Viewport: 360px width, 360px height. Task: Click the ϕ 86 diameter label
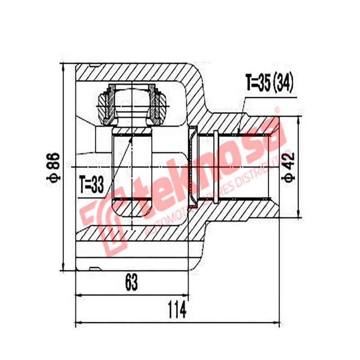pyautogui.click(x=53, y=167)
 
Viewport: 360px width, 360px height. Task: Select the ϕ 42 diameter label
pyautogui.click(x=288, y=167)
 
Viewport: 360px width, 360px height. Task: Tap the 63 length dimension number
pyautogui.click(x=131, y=283)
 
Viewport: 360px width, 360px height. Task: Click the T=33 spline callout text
pyautogui.click(x=91, y=184)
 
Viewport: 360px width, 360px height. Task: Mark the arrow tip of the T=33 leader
pyautogui.click(x=132, y=135)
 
